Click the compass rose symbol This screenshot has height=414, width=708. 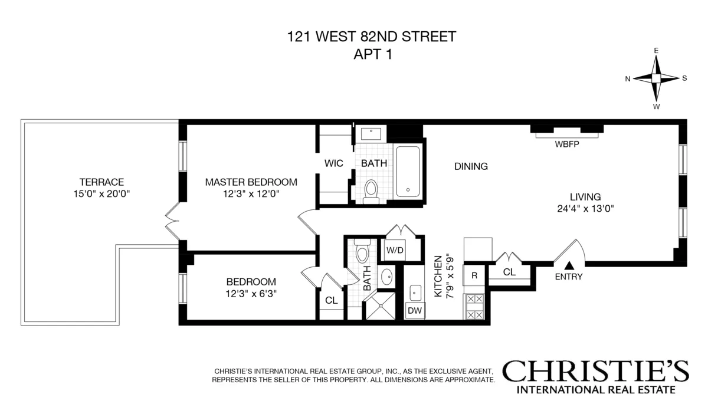click(x=656, y=78)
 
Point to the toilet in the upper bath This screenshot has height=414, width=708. click(x=371, y=191)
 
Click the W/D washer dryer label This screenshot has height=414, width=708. click(x=395, y=249)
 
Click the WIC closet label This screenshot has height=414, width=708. click(x=334, y=163)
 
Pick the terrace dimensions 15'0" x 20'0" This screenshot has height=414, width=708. click(x=103, y=193)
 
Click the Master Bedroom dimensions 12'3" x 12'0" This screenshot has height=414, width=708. click(x=251, y=193)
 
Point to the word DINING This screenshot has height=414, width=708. click(x=471, y=166)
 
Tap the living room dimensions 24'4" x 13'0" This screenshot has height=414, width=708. click(x=585, y=208)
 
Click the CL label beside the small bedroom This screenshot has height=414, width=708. click(x=332, y=300)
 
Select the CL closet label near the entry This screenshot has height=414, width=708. click(x=510, y=272)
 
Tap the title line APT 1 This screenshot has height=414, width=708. click(x=371, y=54)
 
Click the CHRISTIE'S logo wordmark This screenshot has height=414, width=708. click(x=595, y=372)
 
